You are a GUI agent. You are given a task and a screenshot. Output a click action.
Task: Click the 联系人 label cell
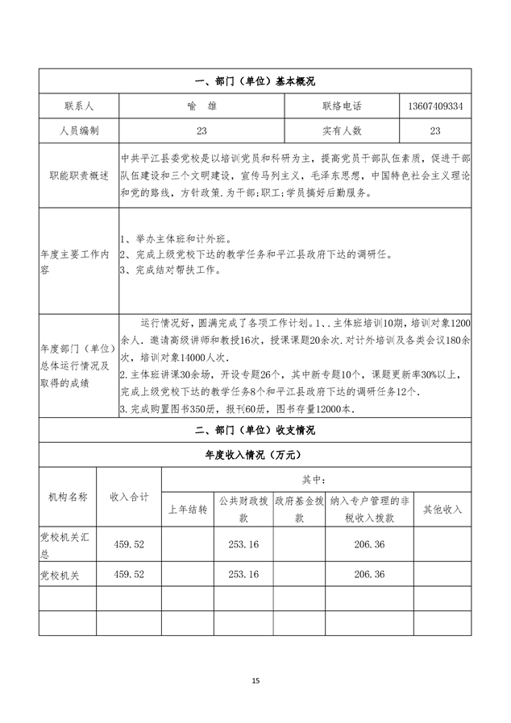tap(78, 105)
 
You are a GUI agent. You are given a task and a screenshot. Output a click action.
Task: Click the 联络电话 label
tap(342, 105)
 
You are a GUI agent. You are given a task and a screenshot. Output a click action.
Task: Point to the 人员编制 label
tap(78, 130)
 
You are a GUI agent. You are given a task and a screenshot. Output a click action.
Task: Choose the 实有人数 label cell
tap(342, 130)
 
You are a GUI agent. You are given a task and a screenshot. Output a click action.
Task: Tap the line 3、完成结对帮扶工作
tap(169, 271)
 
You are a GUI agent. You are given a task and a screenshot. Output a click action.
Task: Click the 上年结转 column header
tap(188, 510)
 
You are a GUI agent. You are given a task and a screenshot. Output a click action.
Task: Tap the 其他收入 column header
tap(438, 510)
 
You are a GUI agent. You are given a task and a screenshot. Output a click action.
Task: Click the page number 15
tap(255, 681)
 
